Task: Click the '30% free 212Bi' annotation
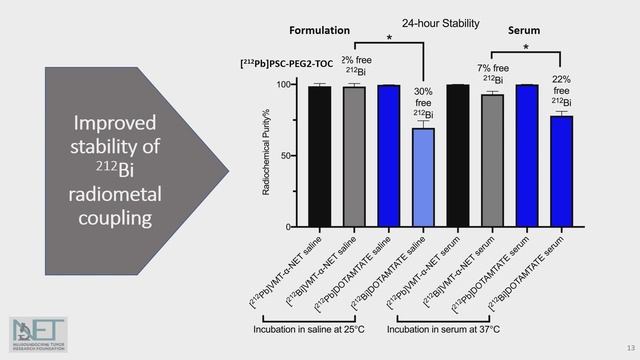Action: [423, 104]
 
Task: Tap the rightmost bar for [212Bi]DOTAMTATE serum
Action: [562, 171]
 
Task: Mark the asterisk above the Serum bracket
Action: [526, 46]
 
